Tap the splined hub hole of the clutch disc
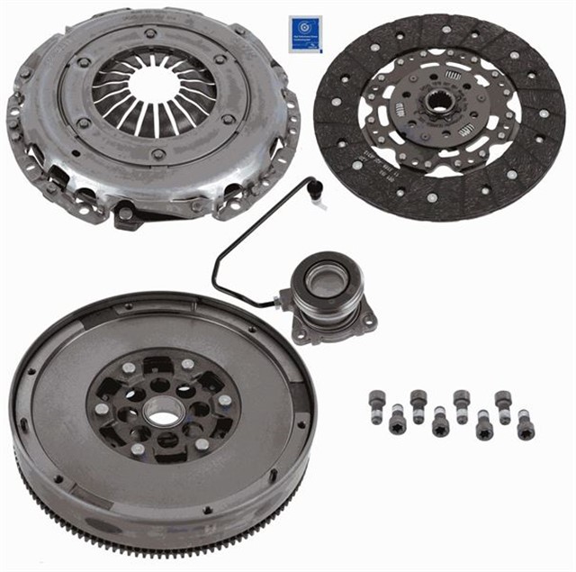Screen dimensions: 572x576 (x=438, y=101)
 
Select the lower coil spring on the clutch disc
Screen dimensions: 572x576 (x=466, y=130)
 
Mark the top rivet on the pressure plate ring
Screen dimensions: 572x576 (x=149, y=32)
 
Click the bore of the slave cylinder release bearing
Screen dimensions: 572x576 (x=321, y=280)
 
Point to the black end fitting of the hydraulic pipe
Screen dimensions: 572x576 (x=314, y=189)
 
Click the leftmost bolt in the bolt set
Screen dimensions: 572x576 (x=376, y=406)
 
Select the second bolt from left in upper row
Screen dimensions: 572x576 (x=418, y=404)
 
